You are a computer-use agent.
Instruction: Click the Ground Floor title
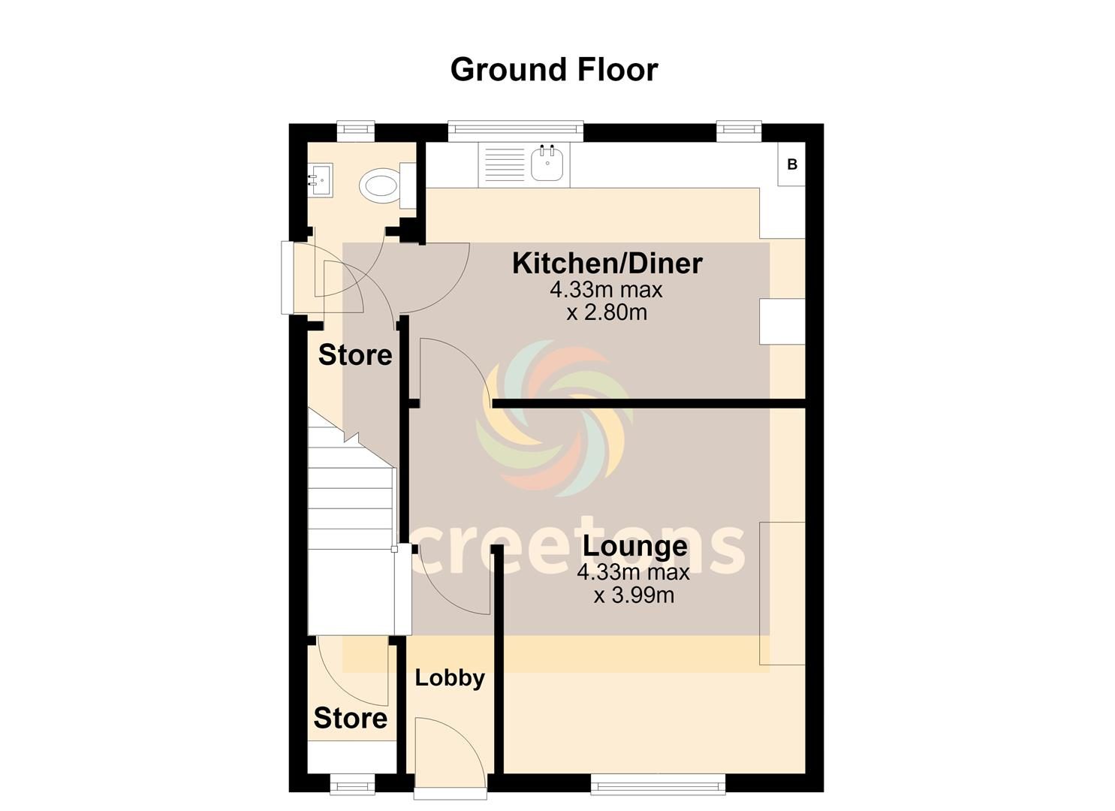coord(553,70)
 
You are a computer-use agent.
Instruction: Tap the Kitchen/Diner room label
coord(607,264)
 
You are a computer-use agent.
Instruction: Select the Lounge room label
coord(634,546)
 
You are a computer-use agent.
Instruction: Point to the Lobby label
coord(450,678)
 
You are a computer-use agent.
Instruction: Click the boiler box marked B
coord(791,164)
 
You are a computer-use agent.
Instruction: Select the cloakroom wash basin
coord(321,181)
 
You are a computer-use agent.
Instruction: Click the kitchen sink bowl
coord(547,164)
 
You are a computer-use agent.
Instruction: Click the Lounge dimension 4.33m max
coord(633,572)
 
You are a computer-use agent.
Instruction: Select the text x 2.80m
coord(607,312)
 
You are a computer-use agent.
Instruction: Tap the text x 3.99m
coord(634,595)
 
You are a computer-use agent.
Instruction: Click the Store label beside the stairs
coord(355,355)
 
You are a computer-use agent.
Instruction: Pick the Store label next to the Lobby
coord(351,718)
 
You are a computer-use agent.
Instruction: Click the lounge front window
coord(658,786)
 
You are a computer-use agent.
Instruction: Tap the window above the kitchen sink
coord(515,130)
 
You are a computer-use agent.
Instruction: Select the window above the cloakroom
coord(355,131)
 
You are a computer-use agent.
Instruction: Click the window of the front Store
coord(351,786)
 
